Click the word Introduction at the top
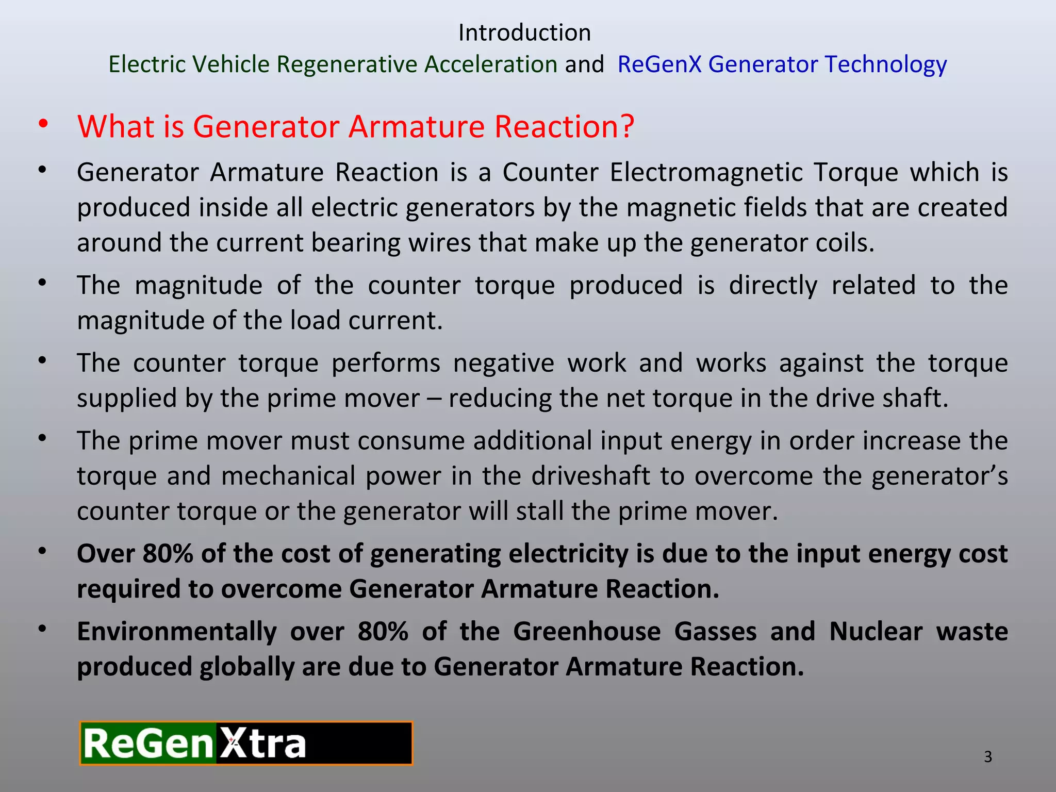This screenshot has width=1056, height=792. click(524, 33)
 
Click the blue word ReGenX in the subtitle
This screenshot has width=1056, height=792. click(659, 64)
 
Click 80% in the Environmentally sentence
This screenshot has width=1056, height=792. click(383, 632)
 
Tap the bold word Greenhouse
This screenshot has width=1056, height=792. click(587, 632)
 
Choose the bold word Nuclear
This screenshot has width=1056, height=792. click(876, 632)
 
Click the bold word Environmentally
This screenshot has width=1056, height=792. click(177, 632)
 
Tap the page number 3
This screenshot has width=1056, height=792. click(988, 757)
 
